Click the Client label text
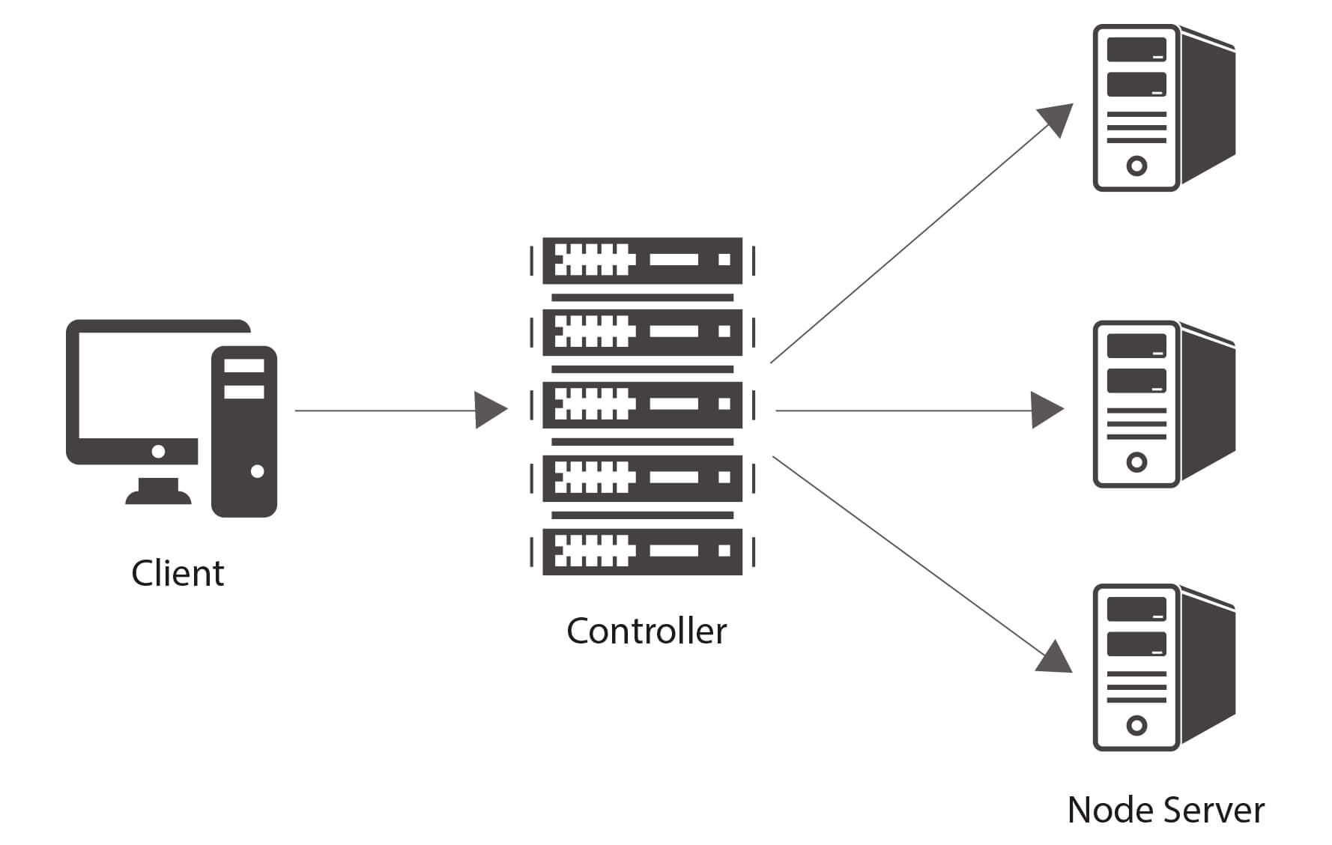coord(178,573)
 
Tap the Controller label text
coord(647,631)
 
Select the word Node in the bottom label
coord(1105,810)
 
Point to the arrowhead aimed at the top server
coord(1057,119)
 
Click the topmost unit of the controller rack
coord(642,260)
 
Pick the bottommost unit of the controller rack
coord(642,551)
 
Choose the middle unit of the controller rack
coord(642,405)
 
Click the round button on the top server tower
coord(1136,166)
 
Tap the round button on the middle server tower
coord(1136,461)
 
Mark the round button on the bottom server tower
coord(1136,725)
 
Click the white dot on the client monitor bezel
coord(158,451)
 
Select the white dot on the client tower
coord(257,471)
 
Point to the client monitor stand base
coord(158,496)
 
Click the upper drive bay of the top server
coord(1136,49)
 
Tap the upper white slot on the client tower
coord(244,366)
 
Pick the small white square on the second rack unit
coord(724,331)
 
